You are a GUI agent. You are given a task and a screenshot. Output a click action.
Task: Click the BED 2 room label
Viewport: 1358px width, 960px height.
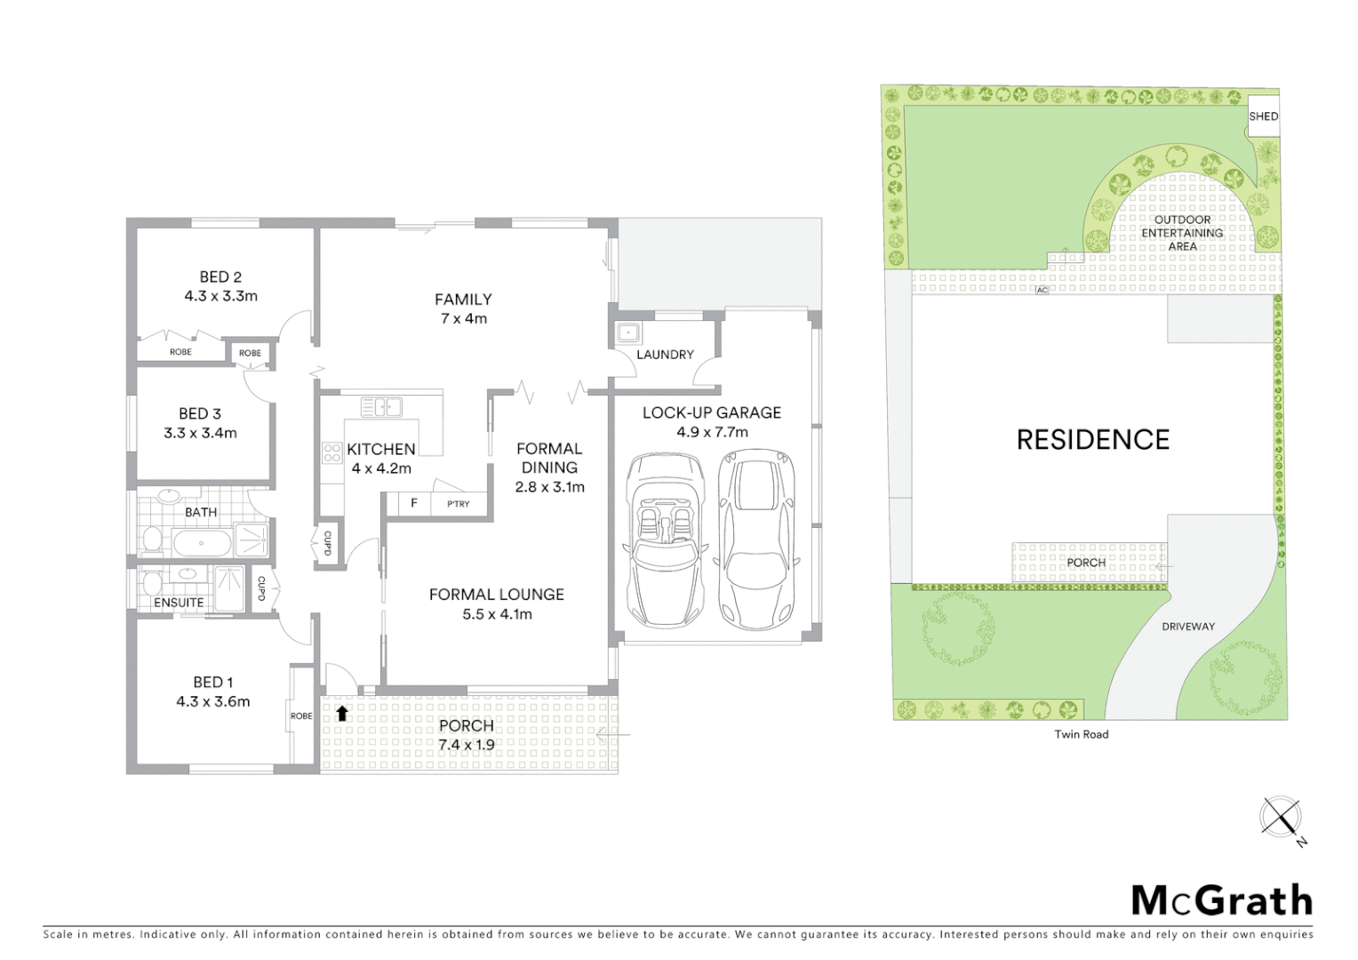point(220,276)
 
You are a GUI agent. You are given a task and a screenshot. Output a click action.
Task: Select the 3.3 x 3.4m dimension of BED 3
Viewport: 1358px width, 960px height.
point(200,433)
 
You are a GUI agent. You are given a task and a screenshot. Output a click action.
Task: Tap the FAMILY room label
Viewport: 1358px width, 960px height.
point(463,300)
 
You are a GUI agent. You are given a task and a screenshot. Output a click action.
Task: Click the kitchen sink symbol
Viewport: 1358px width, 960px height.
point(381,407)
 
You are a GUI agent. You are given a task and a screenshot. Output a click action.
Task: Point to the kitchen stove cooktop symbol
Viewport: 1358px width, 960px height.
point(332,452)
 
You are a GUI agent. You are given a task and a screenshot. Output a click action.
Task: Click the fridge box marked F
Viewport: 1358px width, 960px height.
point(413,503)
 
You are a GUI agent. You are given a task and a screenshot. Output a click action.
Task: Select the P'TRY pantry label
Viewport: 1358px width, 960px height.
point(458,504)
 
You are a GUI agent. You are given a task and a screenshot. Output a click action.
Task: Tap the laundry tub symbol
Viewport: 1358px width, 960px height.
point(628,332)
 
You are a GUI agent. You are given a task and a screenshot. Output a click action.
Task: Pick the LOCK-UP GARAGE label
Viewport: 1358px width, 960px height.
point(711,412)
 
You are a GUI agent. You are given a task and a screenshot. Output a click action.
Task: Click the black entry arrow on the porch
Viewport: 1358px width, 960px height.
point(342,712)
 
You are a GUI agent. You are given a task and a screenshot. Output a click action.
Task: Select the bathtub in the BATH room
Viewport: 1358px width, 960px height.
point(202,541)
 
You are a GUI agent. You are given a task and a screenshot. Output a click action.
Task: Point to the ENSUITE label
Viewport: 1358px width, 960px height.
point(179,603)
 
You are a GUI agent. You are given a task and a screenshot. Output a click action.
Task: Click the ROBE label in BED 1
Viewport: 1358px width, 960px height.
point(301,716)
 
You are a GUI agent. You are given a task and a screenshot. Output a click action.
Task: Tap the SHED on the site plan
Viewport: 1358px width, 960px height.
point(1263,116)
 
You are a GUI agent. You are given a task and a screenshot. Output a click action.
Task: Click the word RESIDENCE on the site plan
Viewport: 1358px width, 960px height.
point(1092,439)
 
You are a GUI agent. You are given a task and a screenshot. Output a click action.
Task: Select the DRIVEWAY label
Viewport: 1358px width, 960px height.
point(1187,627)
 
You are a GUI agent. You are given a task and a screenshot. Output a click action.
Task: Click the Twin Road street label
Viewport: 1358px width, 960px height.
point(1081,734)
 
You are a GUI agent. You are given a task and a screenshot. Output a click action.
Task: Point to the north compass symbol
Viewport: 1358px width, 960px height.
point(1281,817)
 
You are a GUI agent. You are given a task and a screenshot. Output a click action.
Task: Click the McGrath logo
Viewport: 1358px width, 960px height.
point(1221,900)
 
